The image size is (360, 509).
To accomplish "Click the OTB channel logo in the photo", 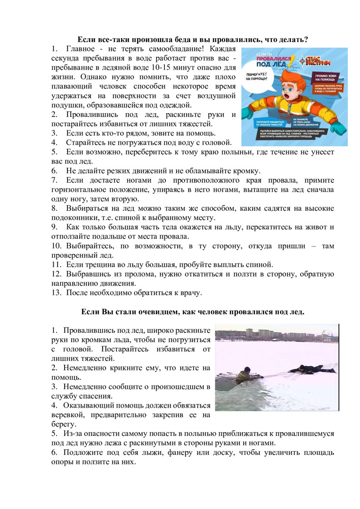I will point(328,334).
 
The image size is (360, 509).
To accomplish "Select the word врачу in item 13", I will point(189,293).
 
